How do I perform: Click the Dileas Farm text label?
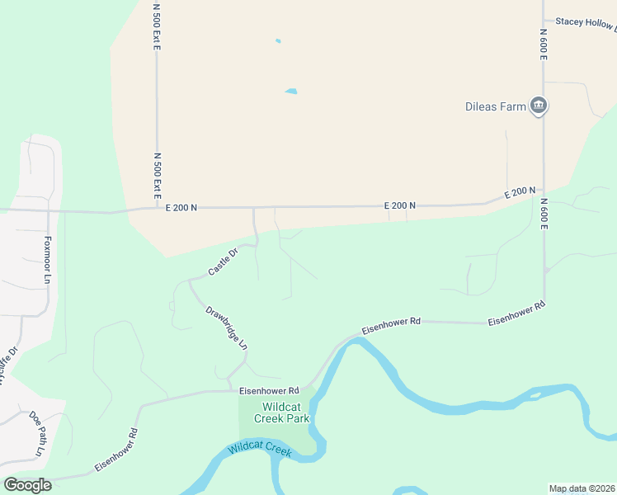pos(495,106)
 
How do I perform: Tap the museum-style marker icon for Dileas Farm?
pos(539,106)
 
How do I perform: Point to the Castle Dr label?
pos(223,262)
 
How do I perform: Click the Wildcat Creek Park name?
pos(285,412)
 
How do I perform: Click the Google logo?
pos(27,485)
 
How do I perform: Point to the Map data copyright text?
pos(582,488)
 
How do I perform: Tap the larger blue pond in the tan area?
pos(290,91)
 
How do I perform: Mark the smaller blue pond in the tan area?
pos(278,40)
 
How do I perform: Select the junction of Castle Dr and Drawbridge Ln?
pos(190,280)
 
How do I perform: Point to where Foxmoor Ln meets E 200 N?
pos(48,211)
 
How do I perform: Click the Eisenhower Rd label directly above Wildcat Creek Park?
pos(268,390)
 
